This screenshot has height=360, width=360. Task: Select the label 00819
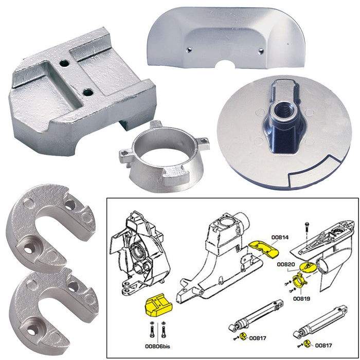(x=301, y=297)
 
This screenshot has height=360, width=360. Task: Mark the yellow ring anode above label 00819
(x=299, y=282)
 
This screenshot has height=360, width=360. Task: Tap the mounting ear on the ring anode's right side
(x=203, y=143)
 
